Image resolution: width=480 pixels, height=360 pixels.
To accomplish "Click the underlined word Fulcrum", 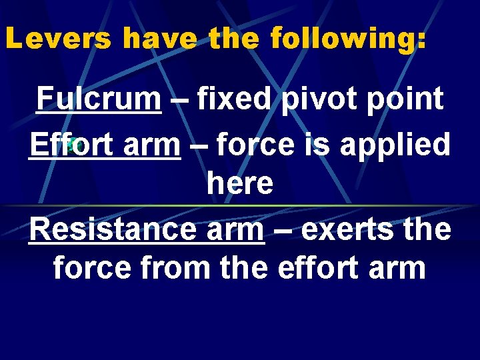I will pos(99,99).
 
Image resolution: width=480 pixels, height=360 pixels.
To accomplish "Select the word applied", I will pos(395,145).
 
